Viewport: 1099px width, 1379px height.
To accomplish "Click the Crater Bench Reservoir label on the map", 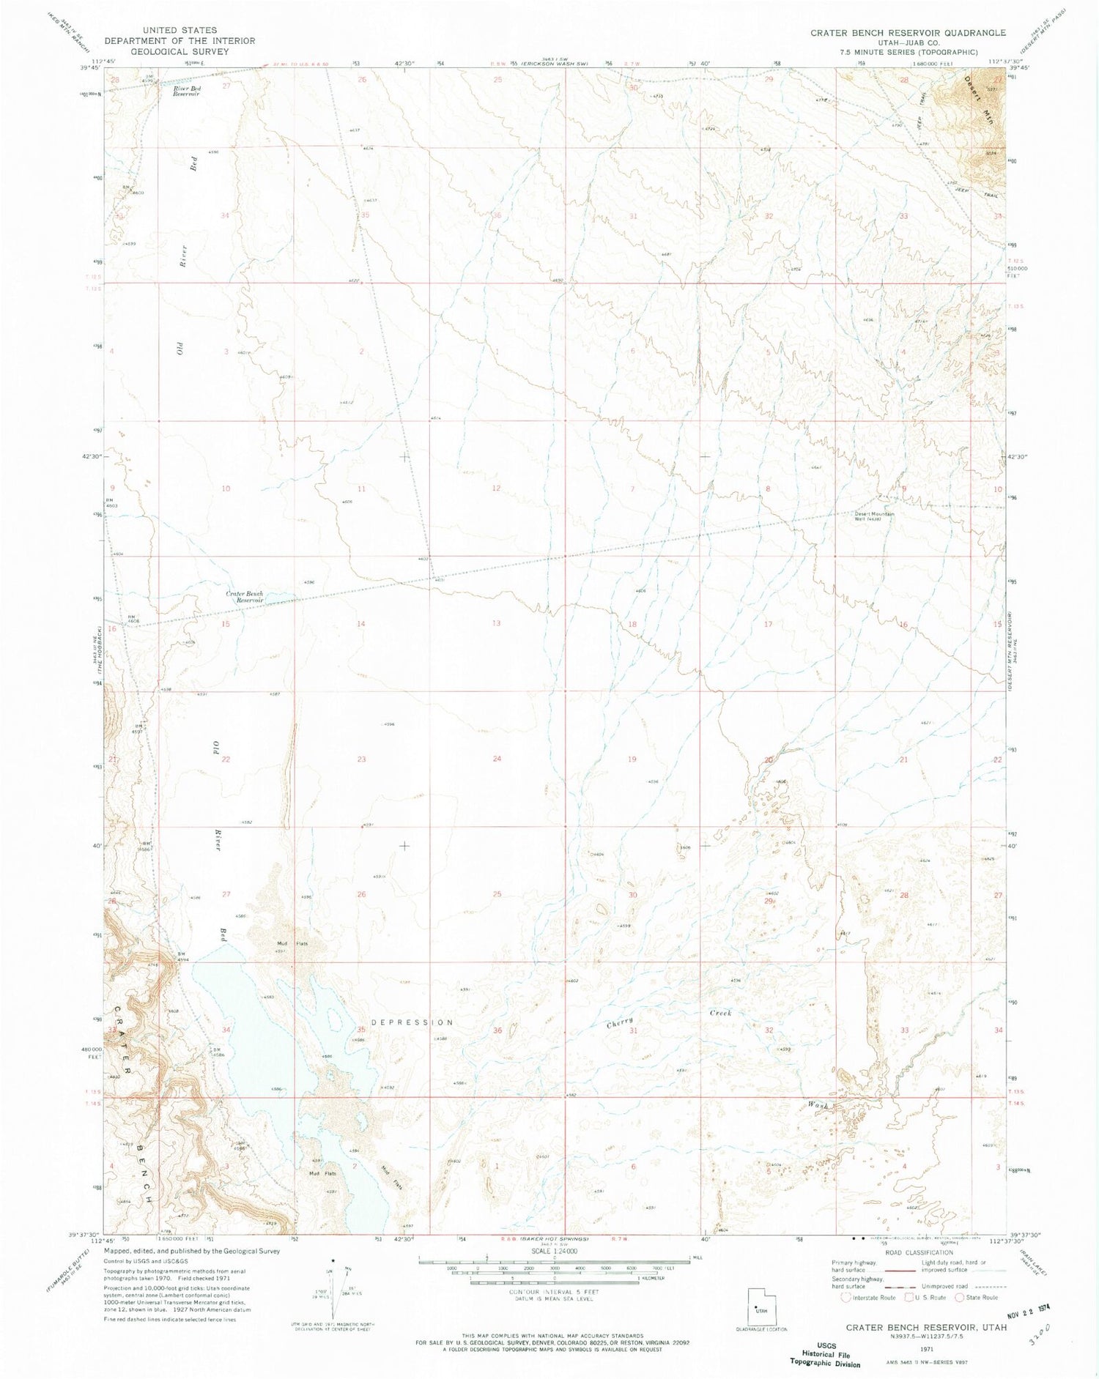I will point(245,596).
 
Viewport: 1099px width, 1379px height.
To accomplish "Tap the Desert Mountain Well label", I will point(874,516).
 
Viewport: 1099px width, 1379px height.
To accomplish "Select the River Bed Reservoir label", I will point(187,91).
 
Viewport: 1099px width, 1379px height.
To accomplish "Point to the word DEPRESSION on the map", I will point(412,1022).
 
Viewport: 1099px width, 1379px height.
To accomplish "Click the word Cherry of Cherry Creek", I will point(620,1024).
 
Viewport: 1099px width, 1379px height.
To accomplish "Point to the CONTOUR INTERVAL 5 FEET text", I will point(554,1292).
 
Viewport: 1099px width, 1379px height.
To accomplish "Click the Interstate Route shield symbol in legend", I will point(846,1297).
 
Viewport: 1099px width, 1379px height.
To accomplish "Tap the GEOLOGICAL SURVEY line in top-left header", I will point(180,51).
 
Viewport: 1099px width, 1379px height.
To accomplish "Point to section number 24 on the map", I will point(497,759).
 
